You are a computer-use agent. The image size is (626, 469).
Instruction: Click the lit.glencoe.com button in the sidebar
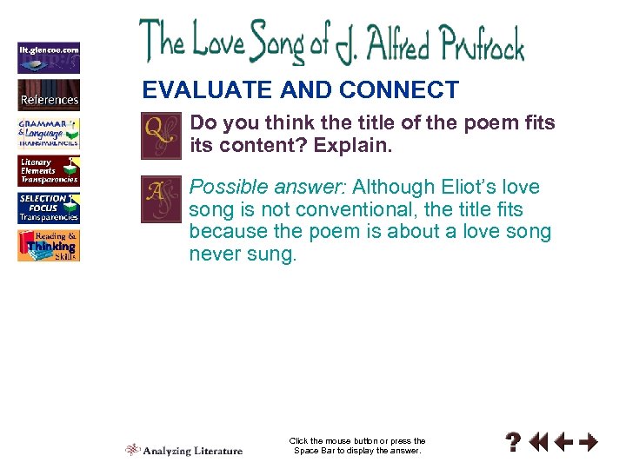tap(49, 58)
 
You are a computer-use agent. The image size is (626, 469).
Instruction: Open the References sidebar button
tap(49, 95)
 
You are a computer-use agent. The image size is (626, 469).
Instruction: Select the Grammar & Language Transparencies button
tap(49, 133)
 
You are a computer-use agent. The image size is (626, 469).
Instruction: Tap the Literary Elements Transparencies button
tap(49, 171)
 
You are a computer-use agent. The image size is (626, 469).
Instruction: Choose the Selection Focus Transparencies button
tap(49, 208)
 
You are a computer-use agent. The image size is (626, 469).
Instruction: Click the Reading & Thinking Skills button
tap(49, 246)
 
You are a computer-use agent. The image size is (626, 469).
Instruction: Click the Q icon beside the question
tap(161, 136)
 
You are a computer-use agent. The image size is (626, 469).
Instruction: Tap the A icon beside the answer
tap(161, 200)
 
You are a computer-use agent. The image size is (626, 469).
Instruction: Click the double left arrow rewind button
tap(539, 443)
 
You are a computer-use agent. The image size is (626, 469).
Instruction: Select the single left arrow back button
tap(563, 443)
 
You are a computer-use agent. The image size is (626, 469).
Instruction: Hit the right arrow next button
tap(589, 443)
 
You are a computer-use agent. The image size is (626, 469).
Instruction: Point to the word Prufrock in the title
tap(473, 43)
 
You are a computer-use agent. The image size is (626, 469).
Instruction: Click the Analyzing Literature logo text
tap(193, 450)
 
